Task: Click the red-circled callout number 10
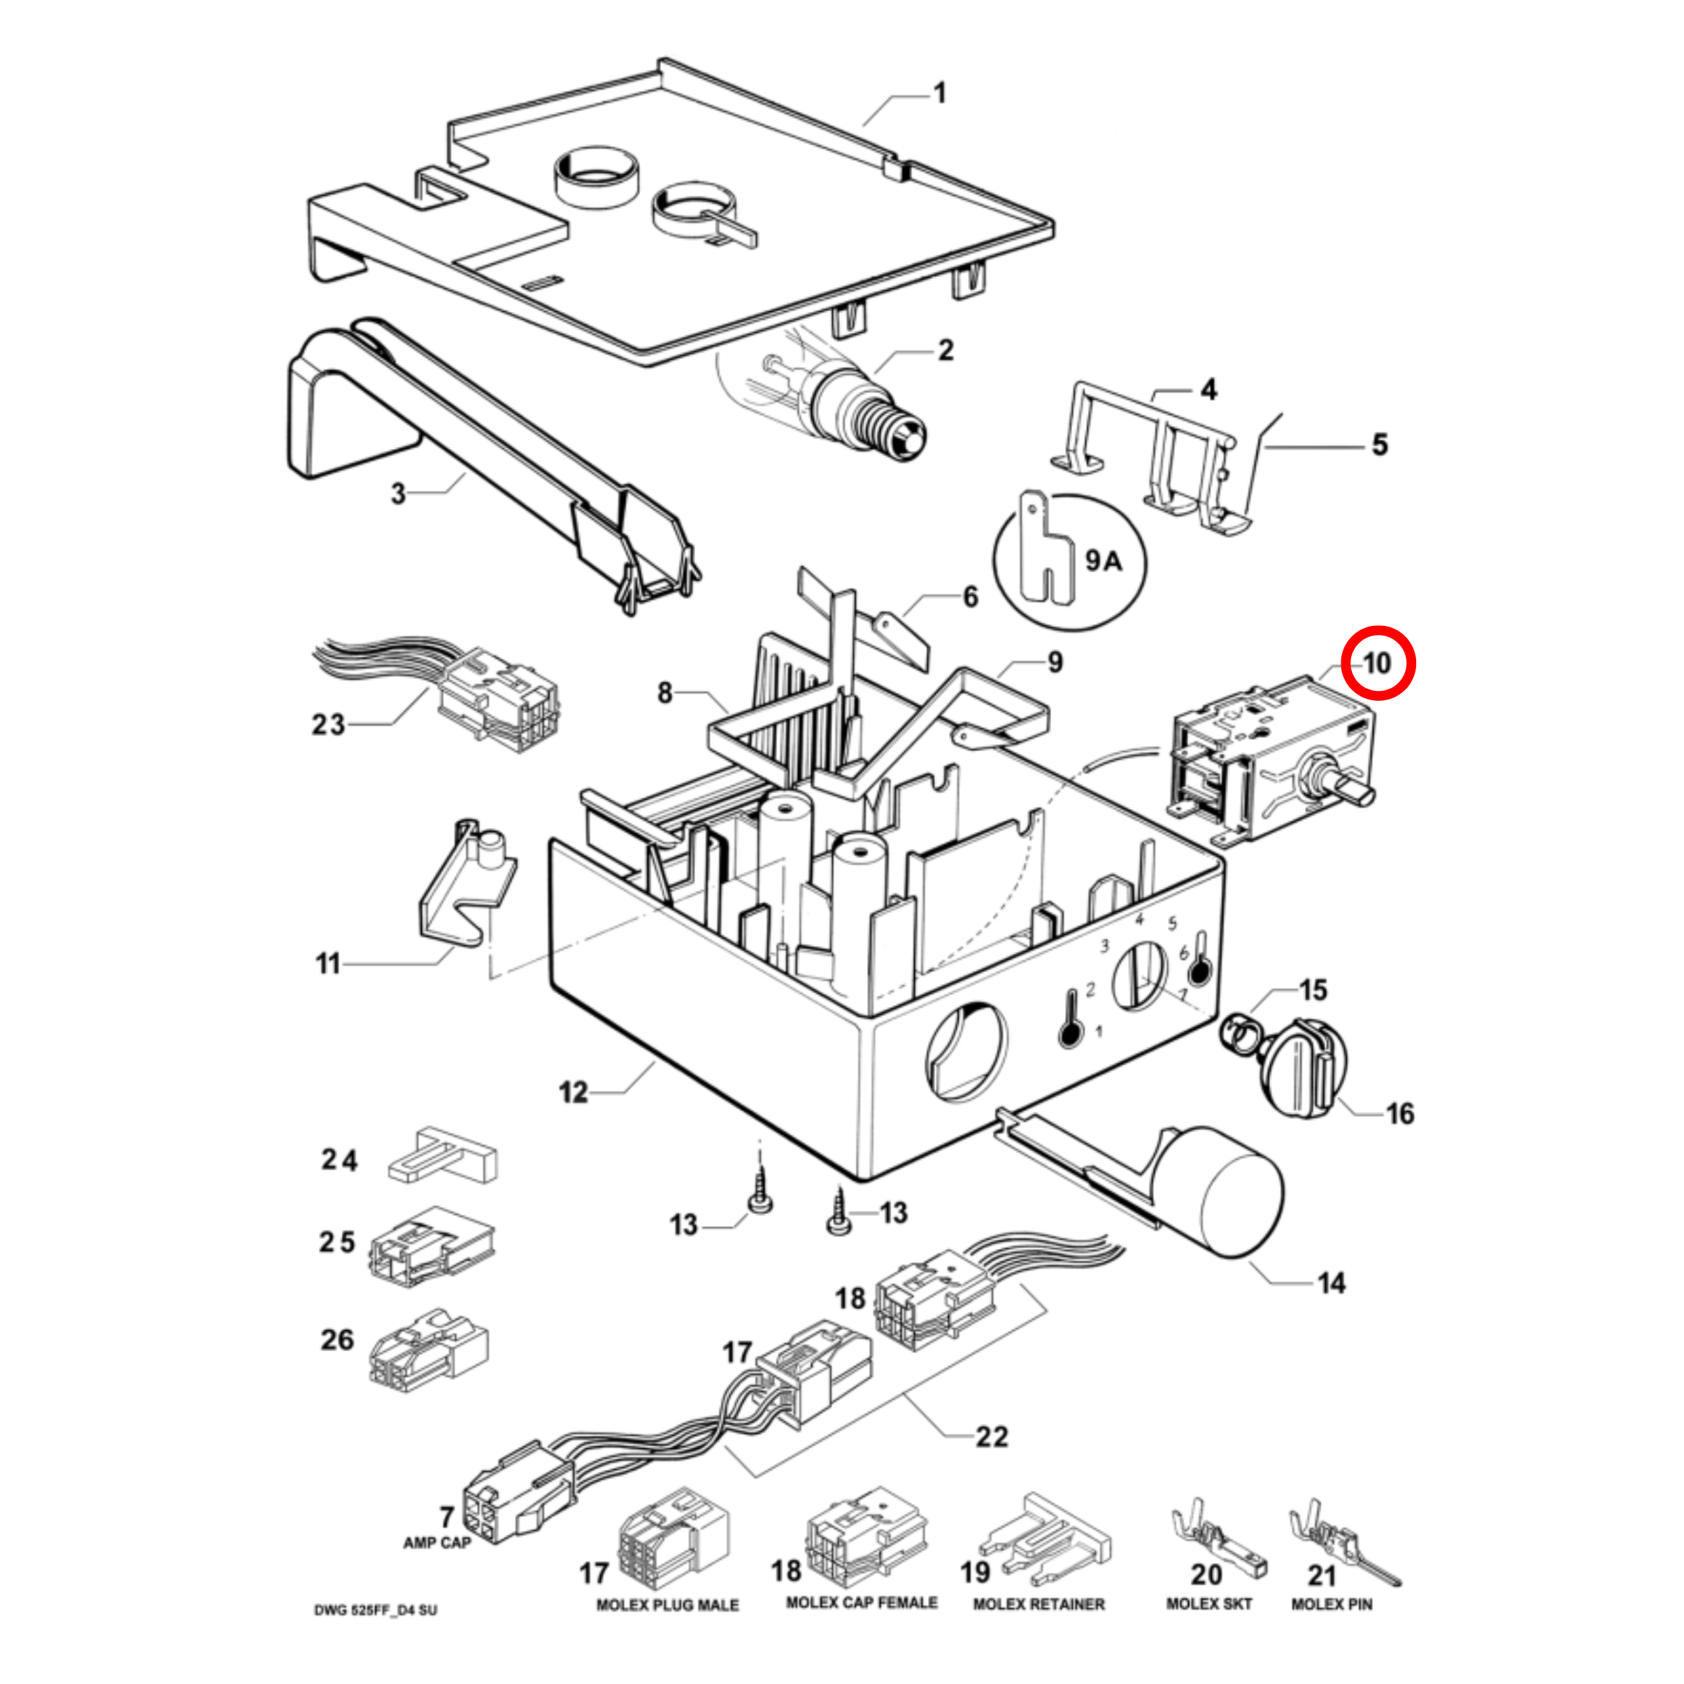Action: (x=1377, y=663)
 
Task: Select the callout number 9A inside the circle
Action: (x=1103, y=560)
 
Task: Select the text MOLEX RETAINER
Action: (x=1038, y=1604)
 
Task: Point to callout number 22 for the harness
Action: (x=991, y=1436)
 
